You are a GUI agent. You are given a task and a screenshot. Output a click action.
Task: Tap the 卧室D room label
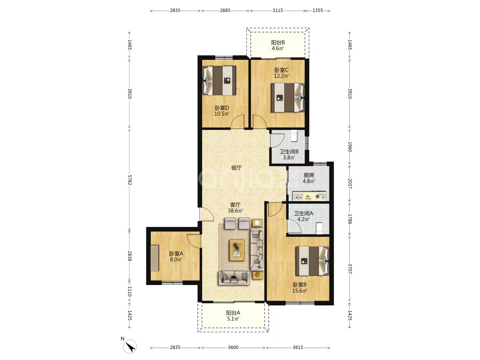pos(222,108)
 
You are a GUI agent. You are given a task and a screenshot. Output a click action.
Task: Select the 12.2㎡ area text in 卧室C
pos(281,76)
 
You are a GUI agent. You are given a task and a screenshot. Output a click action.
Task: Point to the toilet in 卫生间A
pos(319,228)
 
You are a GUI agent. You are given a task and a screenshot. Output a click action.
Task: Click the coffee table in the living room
pos(237,250)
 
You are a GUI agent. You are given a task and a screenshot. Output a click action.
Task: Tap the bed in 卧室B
pos(312,261)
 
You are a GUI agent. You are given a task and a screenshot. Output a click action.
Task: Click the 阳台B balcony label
pos(278,42)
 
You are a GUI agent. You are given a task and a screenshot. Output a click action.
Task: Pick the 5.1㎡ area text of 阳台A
pos(233,319)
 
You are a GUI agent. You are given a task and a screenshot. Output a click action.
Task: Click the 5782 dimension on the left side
pos(130,180)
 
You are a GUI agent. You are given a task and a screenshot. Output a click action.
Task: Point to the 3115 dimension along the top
pos(278,10)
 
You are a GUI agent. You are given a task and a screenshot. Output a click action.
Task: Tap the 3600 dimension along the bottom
pos(233,347)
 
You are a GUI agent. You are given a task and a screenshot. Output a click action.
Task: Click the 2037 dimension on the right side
pos(350,184)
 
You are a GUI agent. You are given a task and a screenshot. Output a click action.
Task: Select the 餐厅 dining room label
pos(236,168)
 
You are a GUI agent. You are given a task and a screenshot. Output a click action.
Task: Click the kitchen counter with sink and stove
pos(309,196)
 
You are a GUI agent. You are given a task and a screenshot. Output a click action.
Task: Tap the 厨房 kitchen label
pos(309,175)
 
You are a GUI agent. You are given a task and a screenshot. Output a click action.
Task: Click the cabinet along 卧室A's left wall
pos(154,258)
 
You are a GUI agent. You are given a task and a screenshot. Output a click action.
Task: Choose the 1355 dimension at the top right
pos(318,10)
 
